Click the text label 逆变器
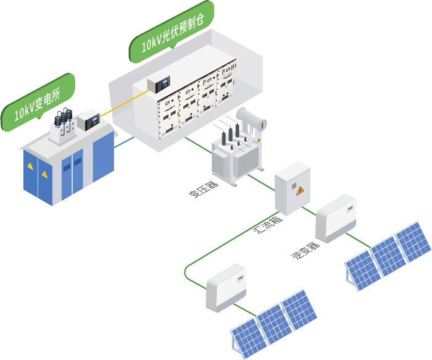tap(305, 249)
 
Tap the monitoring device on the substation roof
tap(88, 120)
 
